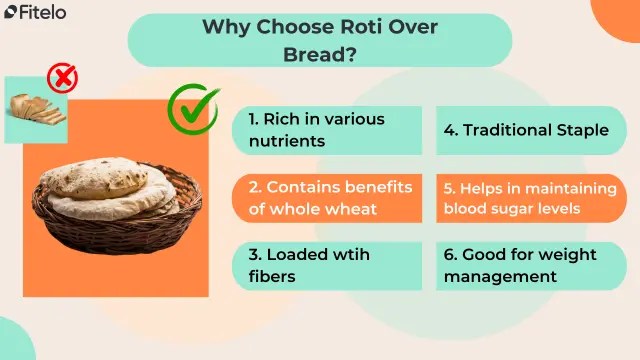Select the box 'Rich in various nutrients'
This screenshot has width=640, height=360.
(327, 130)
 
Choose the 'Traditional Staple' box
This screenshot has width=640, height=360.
(526, 130)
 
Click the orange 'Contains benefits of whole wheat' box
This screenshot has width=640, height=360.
(327, 198)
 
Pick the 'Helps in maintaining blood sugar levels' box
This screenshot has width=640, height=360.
(526, 198)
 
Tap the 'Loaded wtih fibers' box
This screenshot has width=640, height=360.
(327, 265)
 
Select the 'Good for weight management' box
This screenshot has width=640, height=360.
(526, 265)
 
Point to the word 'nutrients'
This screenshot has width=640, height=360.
(287, 141)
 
